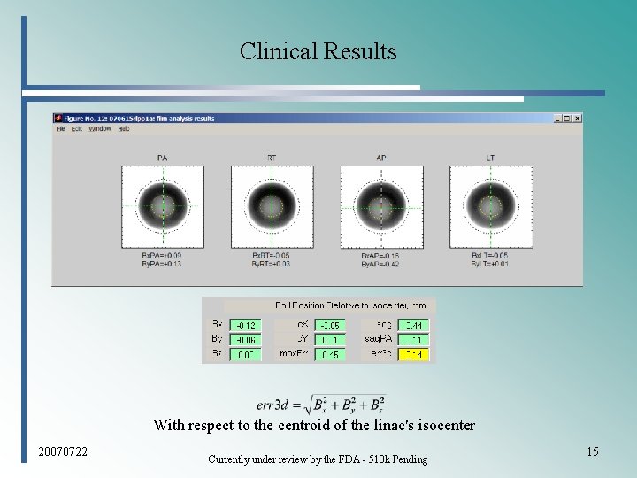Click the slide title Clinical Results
pyautogui.click(x=318, y=51)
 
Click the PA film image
pyautogui.click(x=163, y=207)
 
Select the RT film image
pyautogui.click(x=272, y=207)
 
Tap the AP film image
pyautogui.click(x=381, y=207)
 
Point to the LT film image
pyautogui.click(x=490, y=207)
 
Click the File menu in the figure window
pyautogui.click(x=61, y=129)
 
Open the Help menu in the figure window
pyautogui.click(x=124, y=129)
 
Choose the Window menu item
pyautogui.click(x=99, y=129)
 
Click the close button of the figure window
pyautogui.click(x=577, y=118)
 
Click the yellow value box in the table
pyautogui.click(x=413, y=354)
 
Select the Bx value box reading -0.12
pyautogui.click(x=245, y=326)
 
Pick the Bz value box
pyautogui.click(x=245, y=354)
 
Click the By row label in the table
pyautogui.click(x=217, y=340)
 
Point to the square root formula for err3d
pyautogui.click(x=321, y=405)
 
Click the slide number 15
pyautogui.click(x=592, y=452)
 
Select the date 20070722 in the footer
pyautogui.click(x=64, y=452)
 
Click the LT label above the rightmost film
pyautogui.click(x=490, y=158)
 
